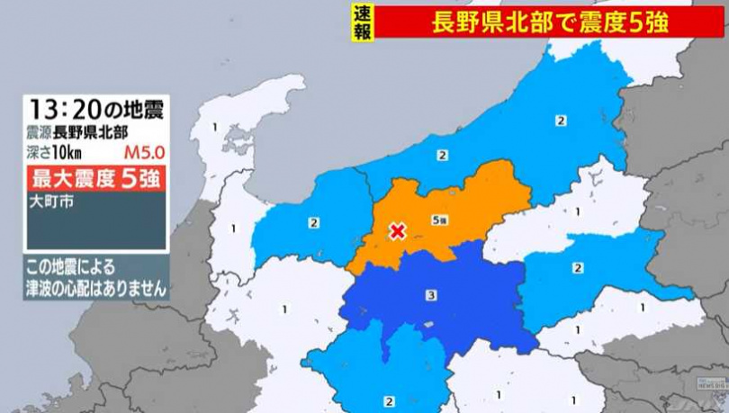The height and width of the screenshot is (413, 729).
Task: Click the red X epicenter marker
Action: [396, 232]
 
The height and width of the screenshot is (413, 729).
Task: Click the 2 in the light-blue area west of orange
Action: [314, 222]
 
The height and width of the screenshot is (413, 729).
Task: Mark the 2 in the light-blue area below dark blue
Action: [389, 400]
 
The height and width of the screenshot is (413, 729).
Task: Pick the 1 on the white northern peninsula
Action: [215, 127]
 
